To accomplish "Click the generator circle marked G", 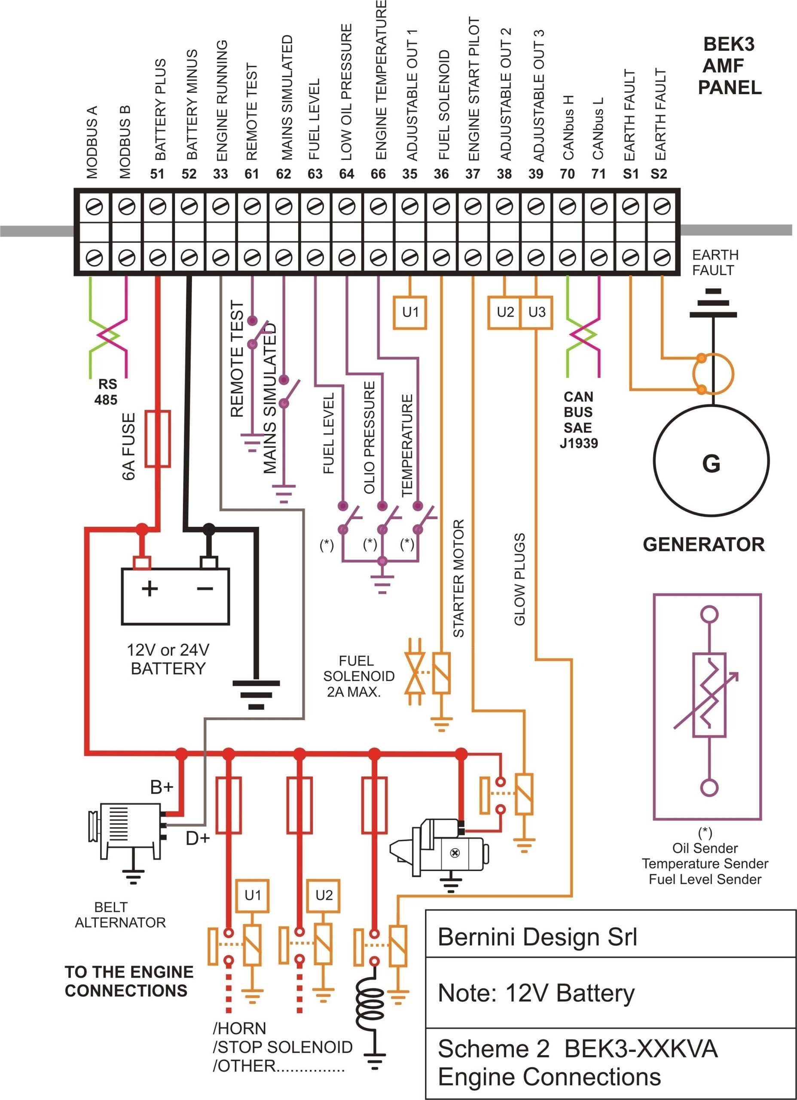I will pyautogui.click(x=711, y=461).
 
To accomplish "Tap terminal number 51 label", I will pyautogui.click(x=157, y=174).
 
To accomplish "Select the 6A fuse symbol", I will pyautogui.click(x=158, y=439).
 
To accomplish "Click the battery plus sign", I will pyautogui.click(x=150, y=589).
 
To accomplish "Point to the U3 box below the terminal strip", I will pyautogui.click(x=537, y=312).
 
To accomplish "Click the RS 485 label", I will pyautogui.click(x=107, y=392).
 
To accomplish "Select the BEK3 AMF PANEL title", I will pyautogui.click(x=729, y=66).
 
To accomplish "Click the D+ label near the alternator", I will pyautogui.click(x=198, y=838).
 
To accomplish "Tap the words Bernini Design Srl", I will pyautogui.click(x=537, y=937).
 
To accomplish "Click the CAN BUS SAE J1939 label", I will pyautogui.click(x=578, y=420).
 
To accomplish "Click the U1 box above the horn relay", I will pyautogui.click(x=252, y=895).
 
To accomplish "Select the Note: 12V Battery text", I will pyautogui.click(x=536, y=993).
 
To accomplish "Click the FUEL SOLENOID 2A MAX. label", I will pyautogui.click(x=358, y=676).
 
